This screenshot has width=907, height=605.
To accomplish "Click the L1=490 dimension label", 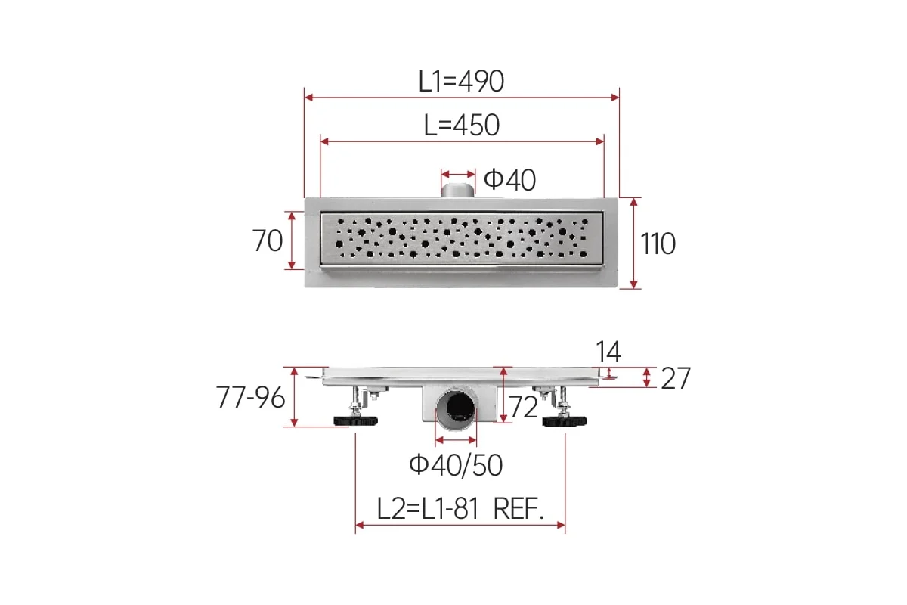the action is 461,82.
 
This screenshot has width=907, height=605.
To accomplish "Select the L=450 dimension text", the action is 462,126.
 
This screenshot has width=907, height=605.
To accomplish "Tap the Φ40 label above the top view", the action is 509,179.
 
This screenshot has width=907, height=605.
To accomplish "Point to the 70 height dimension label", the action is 268,240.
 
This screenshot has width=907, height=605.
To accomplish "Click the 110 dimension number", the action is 658,244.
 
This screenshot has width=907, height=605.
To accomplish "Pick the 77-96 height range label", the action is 251,397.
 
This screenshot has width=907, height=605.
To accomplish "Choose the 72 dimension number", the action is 523,407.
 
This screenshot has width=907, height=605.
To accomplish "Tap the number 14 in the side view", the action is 608,352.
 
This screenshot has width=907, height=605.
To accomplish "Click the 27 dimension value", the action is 676,378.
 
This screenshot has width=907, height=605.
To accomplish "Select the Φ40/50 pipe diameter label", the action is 456,465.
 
